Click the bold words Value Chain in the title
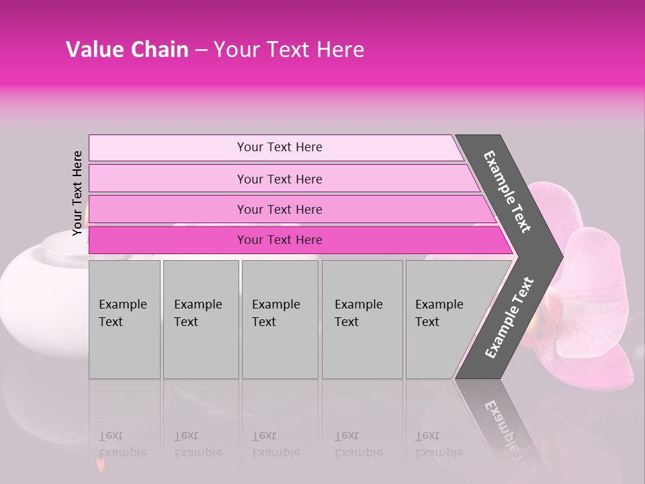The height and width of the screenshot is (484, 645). point(127,50)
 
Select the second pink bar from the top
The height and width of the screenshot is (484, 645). point(279,179)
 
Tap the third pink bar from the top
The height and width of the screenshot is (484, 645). point(279,209)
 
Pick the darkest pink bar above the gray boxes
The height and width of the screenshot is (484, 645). point(279,240)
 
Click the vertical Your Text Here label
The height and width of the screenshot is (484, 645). point(78,194)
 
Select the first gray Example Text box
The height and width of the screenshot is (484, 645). point(124,319)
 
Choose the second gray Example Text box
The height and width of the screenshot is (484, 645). point(200,319)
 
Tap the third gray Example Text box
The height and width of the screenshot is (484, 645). point(279,319)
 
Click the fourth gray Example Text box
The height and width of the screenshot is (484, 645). point(361,319)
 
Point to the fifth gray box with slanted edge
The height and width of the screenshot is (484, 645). point(443,319)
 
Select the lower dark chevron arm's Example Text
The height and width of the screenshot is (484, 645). point(509,317)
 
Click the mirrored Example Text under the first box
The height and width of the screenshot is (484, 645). point(122,444)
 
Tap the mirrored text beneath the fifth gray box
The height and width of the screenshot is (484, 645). point(439,444)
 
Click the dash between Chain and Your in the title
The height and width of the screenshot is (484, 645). point(201,50)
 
